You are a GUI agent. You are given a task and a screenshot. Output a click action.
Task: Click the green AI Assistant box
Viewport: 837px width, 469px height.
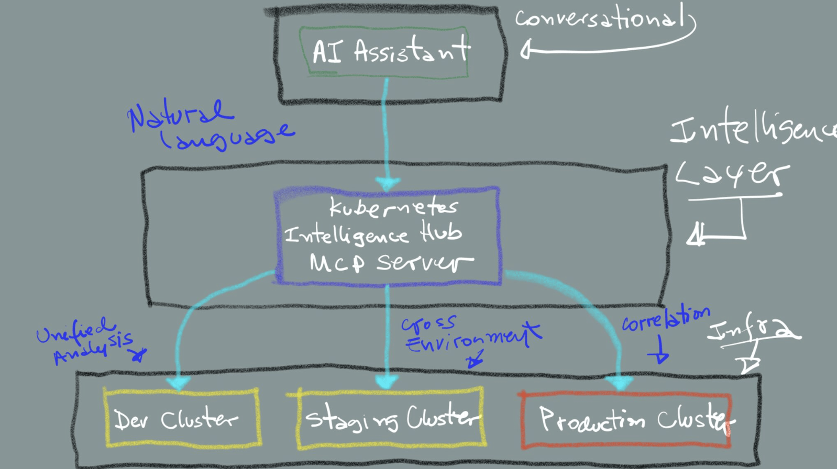click(x=384, y=52)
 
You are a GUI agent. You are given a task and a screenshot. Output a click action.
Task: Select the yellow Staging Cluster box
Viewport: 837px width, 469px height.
click(x=390, y=418)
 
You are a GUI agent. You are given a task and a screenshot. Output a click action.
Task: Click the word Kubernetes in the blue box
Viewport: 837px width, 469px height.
click(x=393, y=208)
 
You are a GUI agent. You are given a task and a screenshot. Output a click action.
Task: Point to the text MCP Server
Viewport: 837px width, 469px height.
click(x=390, y=262)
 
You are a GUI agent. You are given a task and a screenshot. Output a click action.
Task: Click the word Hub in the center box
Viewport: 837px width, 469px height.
click(x=441, y=232)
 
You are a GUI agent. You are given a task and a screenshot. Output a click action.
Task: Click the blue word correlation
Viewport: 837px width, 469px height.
click(x=665, y=319)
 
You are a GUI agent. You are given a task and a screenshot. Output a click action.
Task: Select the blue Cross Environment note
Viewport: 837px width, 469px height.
click(x=469, y=335)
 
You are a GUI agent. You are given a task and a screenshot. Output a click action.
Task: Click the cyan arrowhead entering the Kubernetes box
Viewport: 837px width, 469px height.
click(x=388, y=183)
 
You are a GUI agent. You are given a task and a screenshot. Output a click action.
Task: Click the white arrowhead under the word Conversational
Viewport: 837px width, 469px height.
click(x=526, y=51)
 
